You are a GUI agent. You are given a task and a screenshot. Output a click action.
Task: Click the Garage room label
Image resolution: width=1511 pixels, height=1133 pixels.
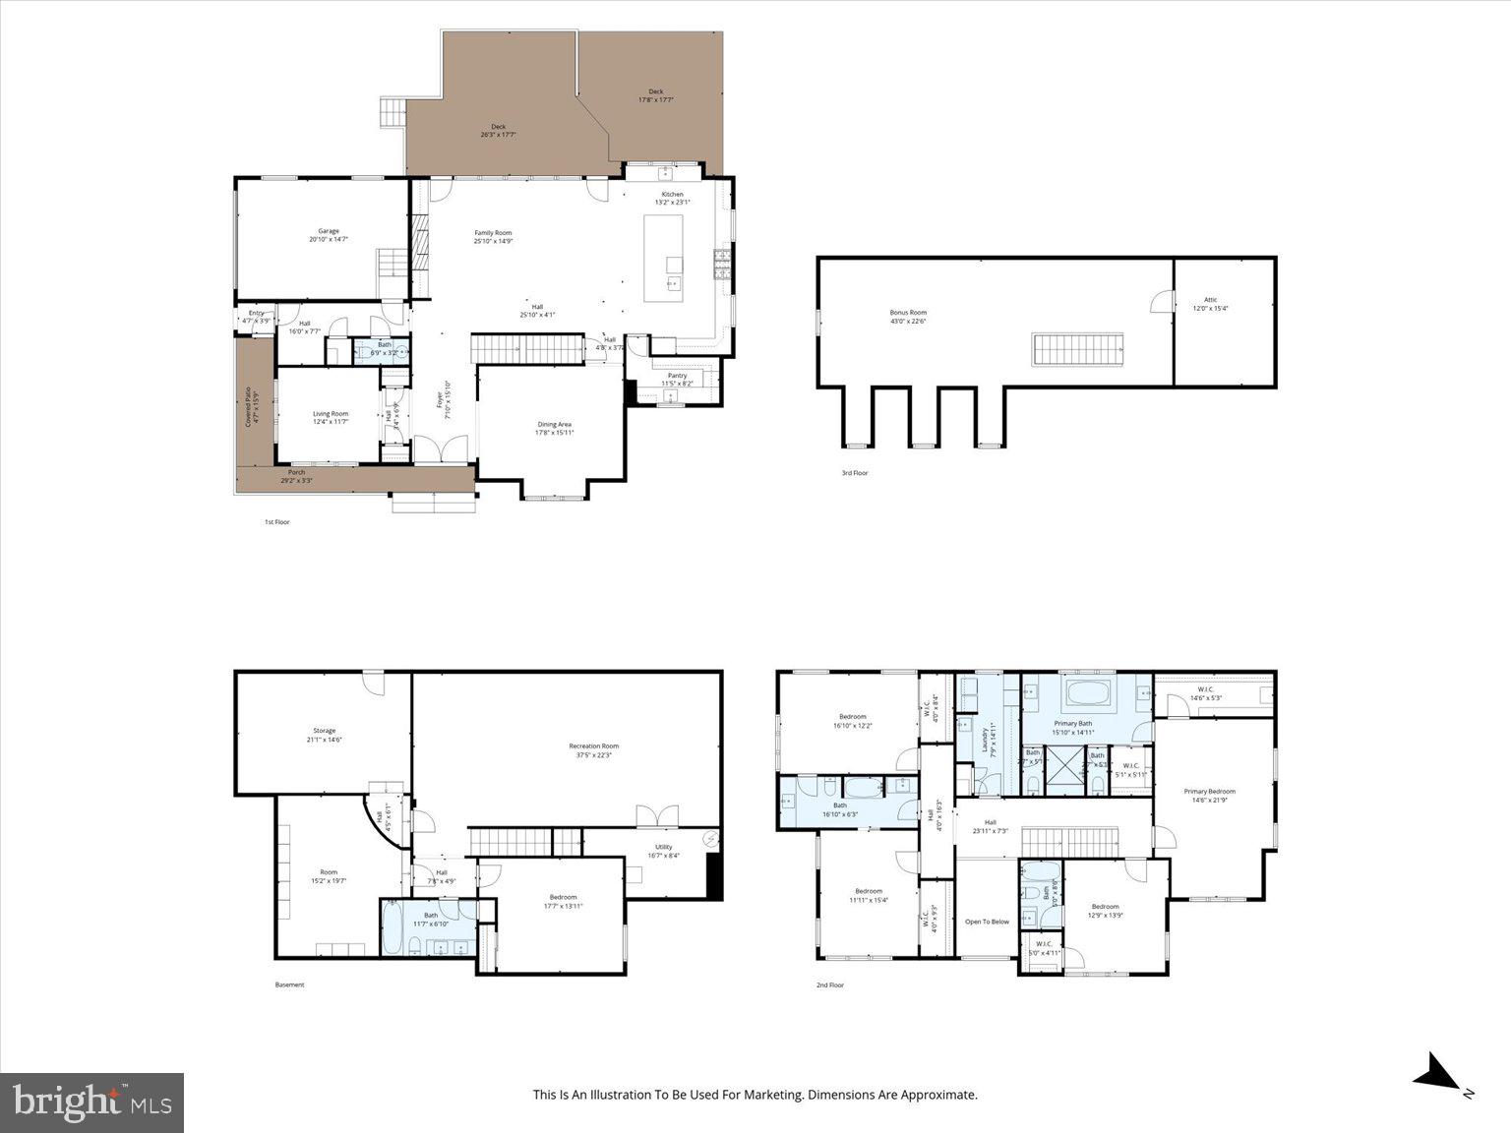pos(328,235)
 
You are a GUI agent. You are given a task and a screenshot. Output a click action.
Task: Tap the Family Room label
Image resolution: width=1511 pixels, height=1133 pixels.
pos(493,237)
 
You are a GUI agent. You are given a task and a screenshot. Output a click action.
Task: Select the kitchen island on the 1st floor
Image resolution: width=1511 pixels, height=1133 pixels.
pos(663,259)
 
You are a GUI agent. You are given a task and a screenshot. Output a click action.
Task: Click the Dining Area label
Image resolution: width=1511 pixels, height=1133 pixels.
pos(554,428)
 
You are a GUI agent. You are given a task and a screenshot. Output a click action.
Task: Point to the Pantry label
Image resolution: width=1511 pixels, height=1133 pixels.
pos(677,379)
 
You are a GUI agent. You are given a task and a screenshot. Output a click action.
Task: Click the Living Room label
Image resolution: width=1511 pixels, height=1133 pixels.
pos(331,418)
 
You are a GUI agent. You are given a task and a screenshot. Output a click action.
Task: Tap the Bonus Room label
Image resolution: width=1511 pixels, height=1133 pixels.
pos(908,317)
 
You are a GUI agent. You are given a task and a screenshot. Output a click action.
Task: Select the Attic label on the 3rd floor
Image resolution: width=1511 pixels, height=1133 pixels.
pos(1210,304)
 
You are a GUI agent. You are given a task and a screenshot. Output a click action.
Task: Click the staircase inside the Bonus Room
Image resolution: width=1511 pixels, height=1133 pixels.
pos(1077,348)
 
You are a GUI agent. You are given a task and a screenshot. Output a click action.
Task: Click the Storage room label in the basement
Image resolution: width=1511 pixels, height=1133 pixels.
pos(324,735)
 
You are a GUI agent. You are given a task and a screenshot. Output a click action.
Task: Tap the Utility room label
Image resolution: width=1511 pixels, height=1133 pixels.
pos(663,851)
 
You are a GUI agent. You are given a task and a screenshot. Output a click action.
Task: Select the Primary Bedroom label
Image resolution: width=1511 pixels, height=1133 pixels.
pos(1209,795)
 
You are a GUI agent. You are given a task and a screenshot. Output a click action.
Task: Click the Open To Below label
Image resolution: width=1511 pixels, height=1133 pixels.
pos(987,922)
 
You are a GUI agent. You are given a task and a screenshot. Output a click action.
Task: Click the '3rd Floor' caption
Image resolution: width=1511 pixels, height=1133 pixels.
pos(854,473)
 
